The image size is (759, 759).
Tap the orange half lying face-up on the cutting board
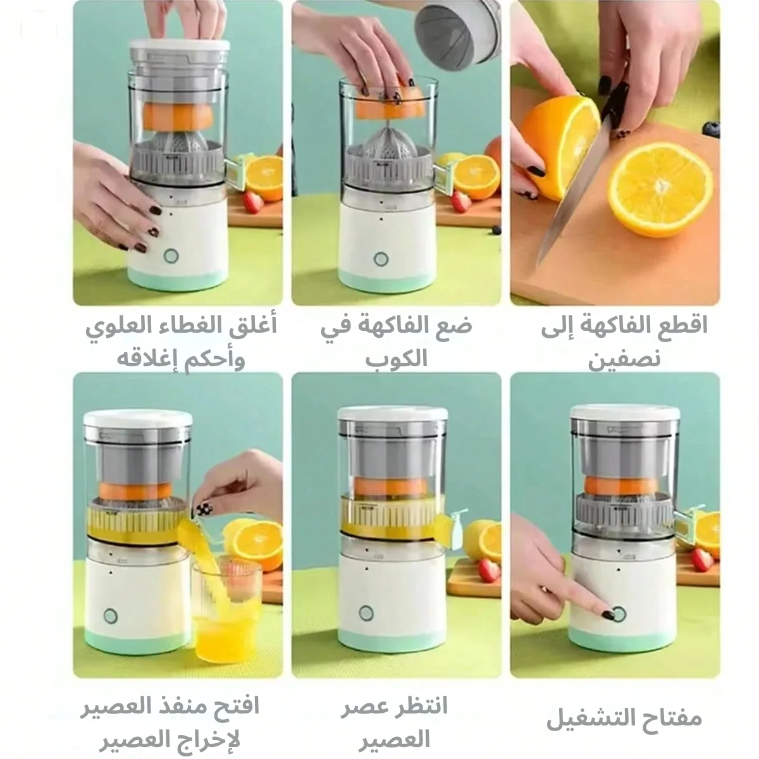pyautogui.click(x=660, y=188)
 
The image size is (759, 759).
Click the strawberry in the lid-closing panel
pyautogui.click(x=253, y=202)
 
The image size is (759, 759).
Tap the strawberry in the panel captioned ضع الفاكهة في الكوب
pyautogui.click(x=461, y=201)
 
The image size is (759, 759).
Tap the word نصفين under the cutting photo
pyautogui.click(x=624, y=359)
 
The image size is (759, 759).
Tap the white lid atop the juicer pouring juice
pyautogui.click(x=138, y=420)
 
